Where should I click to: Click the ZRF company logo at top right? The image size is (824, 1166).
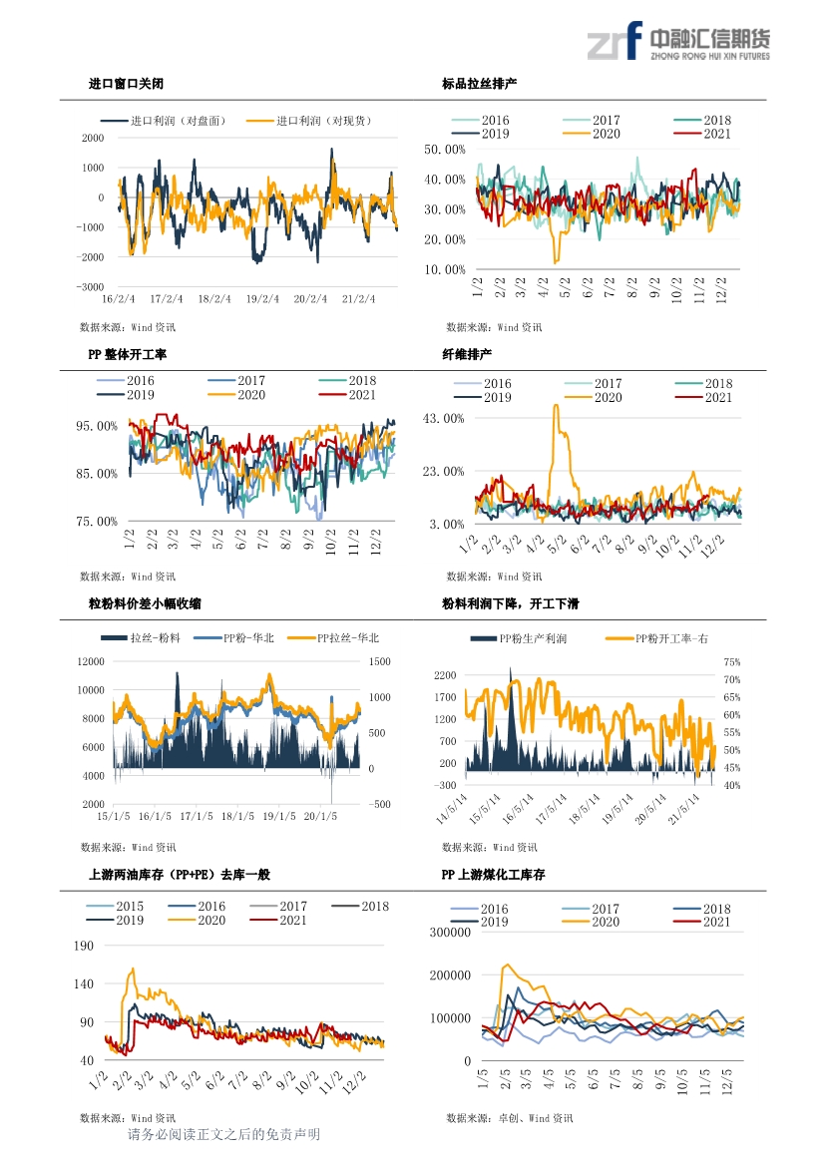pos(678,42)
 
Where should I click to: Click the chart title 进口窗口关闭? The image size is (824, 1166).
pos(126,84)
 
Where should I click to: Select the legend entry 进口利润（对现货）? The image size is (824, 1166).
pos(309,121)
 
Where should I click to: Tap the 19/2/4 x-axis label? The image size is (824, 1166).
pos(262,299)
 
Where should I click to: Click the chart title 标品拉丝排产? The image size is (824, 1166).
pos(479,84)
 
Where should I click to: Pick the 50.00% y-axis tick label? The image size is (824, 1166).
pos(445,150)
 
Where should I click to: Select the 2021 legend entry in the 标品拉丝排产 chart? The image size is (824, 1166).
pos(702,134)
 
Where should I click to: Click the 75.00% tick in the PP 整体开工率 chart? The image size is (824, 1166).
pos(97,522)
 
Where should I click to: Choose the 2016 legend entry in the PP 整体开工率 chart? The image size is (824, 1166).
pos(126,381)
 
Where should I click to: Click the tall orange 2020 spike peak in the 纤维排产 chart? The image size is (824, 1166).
pos(556,405)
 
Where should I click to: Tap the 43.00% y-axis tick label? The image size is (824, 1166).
pos(443,419)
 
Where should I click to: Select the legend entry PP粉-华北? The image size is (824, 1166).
pos(233,638)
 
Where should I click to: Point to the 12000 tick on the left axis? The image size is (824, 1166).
pos(91,662)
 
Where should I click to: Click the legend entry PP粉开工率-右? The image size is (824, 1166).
pos(656,638)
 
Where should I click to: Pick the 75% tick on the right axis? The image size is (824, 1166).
pos(732,662)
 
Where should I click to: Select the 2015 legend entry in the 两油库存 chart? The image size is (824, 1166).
pos(115,907)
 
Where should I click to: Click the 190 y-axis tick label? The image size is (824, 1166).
pos(83,946)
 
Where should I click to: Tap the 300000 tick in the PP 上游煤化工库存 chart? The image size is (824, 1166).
pos(450,933)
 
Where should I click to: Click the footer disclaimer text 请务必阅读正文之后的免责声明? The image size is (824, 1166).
pos(223,1134)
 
